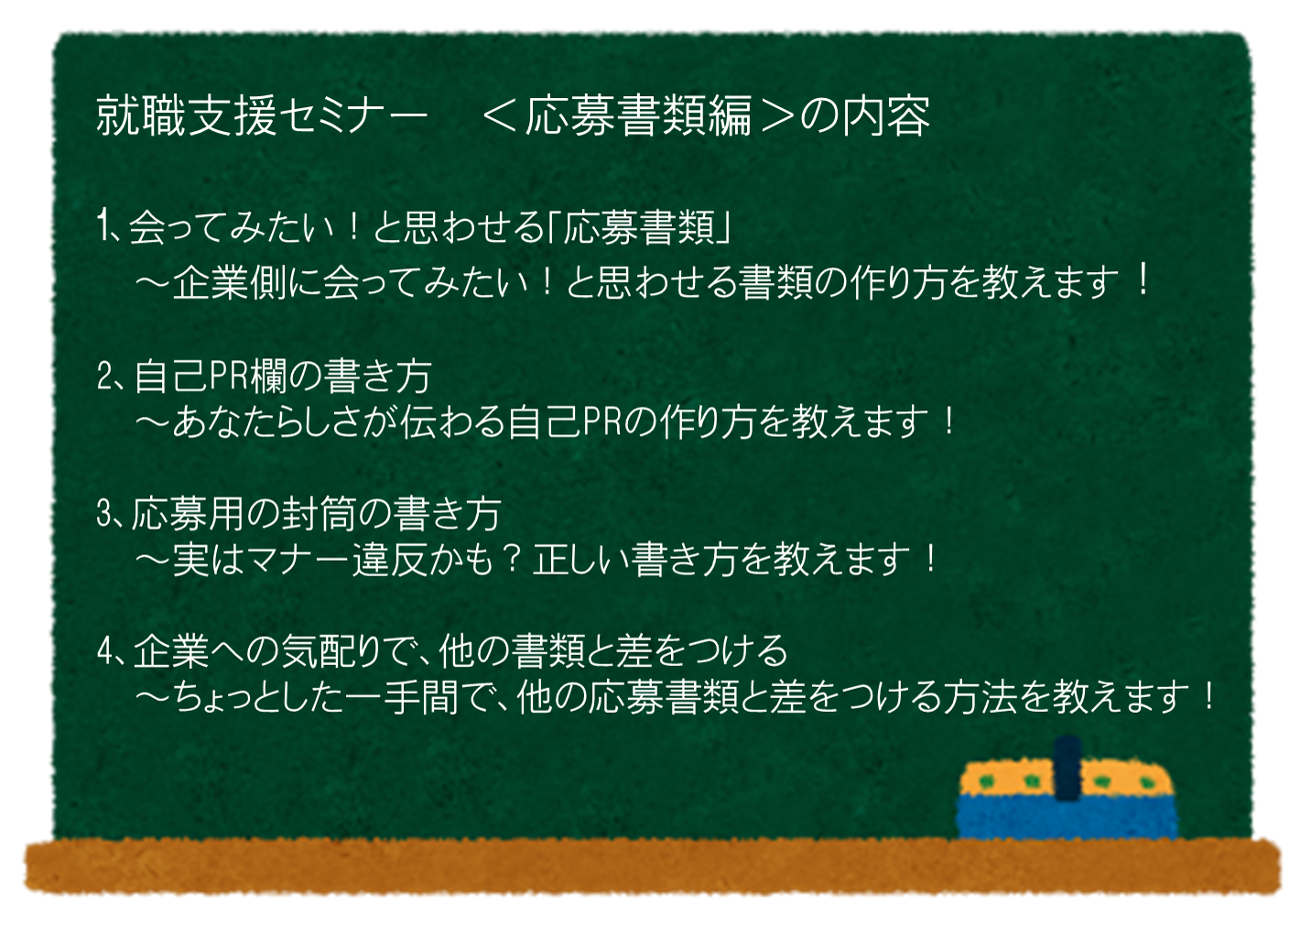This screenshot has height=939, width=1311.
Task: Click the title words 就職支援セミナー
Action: tap(262, 115)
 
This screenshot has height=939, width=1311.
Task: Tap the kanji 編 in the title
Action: tap(730, 115)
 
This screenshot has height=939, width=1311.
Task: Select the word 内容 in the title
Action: tap(886, 115)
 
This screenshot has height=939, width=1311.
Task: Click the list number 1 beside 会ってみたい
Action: tap(103, 226)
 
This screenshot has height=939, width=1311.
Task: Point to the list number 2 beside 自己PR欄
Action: tap(105, 377)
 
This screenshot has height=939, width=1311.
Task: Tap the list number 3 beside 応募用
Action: tap(105, 514)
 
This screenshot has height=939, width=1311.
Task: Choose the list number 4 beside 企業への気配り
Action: tap(106, 650)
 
